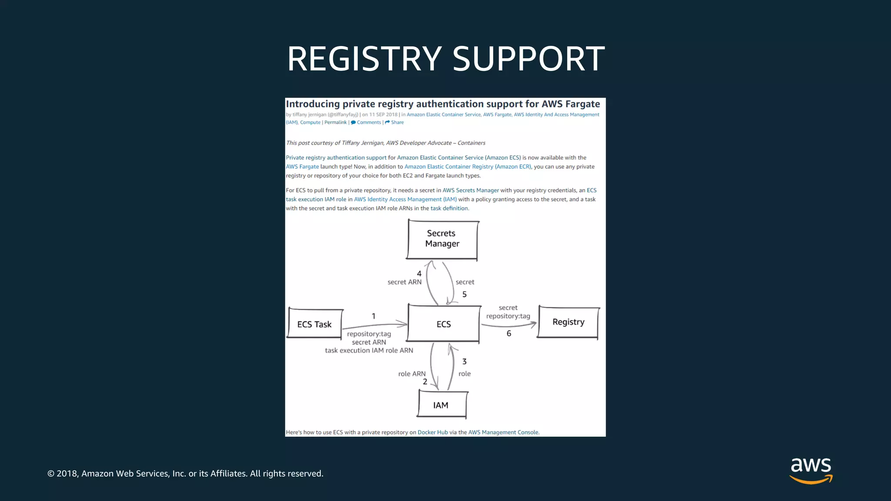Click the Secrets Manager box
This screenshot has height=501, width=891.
pyautogui.click(x=442, y=239)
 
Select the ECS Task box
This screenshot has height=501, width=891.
pyautogui.click(x=315, y=324)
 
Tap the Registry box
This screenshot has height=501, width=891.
pyautogui.click(x=568, y=322)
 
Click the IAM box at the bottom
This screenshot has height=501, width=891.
pyautogui.click(x=441, y=405)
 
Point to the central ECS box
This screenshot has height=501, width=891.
pyautogui.click(x=443, y=324)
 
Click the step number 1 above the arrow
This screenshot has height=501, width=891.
pyautogui.click(x=373, y=316)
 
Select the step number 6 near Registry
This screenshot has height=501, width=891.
pyautogui.click(x=509, y=334)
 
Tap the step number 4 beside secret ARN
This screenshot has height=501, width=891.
pyautogui.click(x=419, y=274)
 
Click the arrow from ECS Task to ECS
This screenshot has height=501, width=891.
pyautogui.click(x=374, y=325)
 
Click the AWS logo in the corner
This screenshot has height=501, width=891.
pyautogui.click(x=811, y=470)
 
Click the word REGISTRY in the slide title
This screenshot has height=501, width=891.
pyautogui.click(x=365, y=59)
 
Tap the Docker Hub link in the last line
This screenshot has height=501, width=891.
pyautogui.click(x=432, y=432)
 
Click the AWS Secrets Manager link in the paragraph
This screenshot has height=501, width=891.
pyautogui.click(x=470, y=190)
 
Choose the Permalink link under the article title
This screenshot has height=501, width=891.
pyautogui.click(x=335, y=122)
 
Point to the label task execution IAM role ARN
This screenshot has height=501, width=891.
pyautogui.click(x=369, y=351)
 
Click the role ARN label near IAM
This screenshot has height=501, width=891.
pyautogui.click(x=412, y=374)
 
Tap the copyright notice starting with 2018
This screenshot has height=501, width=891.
pyautogui.click(x=185, y=474)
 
